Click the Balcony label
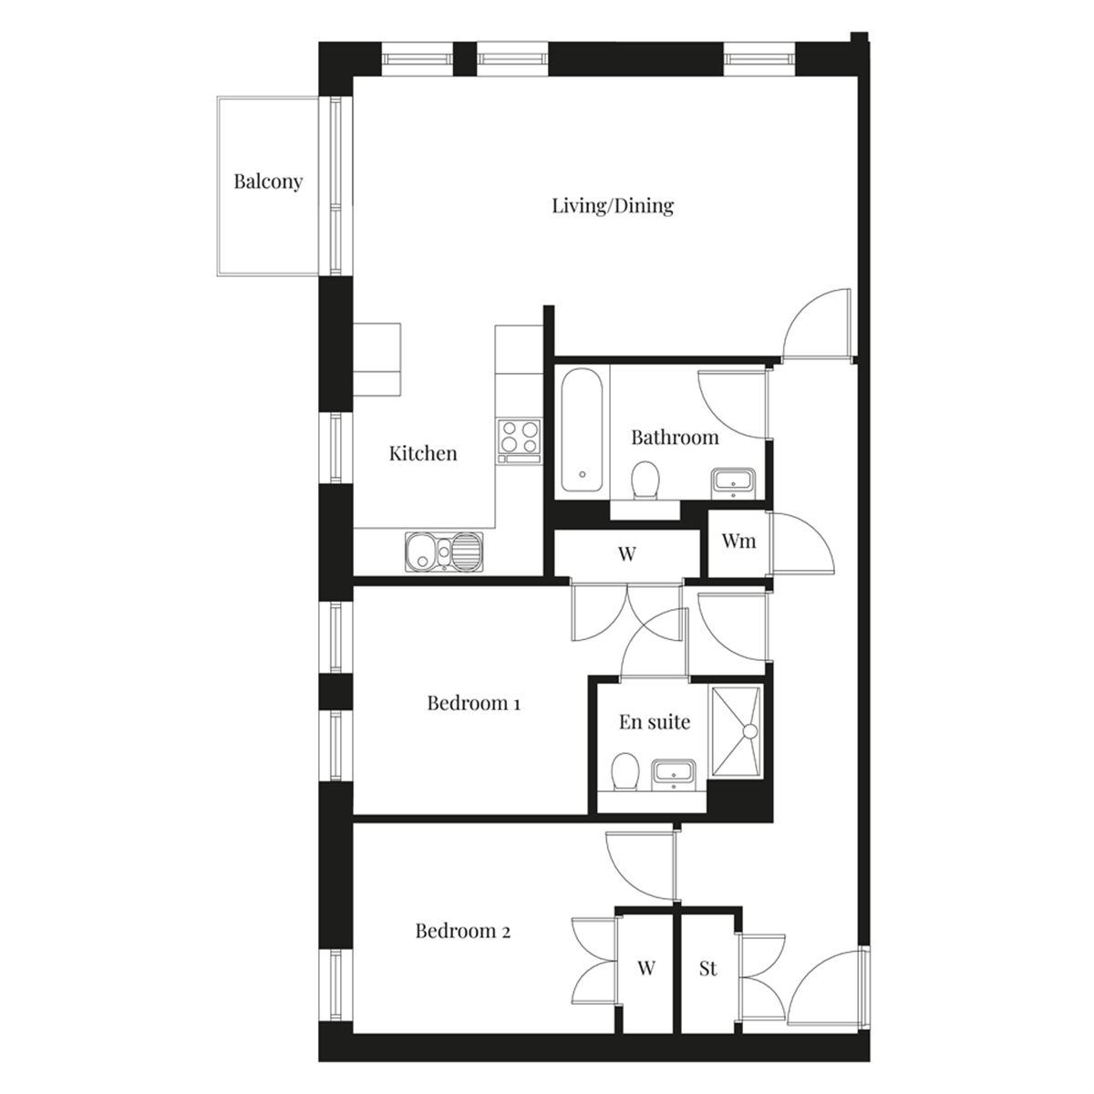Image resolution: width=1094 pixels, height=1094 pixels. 268,181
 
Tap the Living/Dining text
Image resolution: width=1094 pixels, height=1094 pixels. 613,205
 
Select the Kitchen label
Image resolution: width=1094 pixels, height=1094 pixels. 423,453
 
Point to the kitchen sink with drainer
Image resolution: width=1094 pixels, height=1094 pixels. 444,551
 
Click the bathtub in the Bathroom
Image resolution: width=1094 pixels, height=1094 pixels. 582,431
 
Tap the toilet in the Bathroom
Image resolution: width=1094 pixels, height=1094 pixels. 645,480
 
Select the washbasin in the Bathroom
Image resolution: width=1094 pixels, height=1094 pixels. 733,483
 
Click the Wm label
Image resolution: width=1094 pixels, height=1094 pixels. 738,541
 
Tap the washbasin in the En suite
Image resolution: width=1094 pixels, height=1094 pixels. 674,774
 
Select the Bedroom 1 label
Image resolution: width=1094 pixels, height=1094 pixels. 473,703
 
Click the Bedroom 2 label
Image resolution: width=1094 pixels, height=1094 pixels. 463,931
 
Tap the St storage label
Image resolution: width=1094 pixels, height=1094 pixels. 708,968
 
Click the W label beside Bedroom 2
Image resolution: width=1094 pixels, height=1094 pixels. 646,967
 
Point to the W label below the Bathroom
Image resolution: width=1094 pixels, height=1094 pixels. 626,553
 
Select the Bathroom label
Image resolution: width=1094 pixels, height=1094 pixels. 675,438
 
